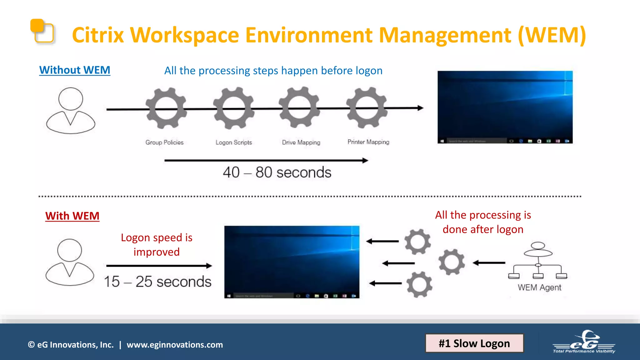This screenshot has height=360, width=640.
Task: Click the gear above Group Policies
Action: tap(166, 108)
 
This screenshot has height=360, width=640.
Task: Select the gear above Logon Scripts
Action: tap(234, 108)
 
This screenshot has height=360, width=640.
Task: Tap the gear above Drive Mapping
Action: tap(299, 107)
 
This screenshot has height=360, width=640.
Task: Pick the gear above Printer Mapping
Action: tap(367, 107)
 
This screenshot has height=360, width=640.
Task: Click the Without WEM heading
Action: tap(75, 70)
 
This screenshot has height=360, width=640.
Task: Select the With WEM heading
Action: tap(72, 216)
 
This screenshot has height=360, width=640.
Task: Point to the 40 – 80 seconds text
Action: tap(277, 172)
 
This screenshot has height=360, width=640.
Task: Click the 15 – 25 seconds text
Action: tap(157, 282)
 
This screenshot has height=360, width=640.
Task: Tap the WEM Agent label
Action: tap(539, 287)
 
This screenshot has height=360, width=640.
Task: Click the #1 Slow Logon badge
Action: tap(474, 343)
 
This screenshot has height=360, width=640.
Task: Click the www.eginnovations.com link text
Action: tap(175, 345)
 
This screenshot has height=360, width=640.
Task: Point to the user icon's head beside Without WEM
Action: tap(71, 99)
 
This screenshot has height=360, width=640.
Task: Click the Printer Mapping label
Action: tap(368, 142)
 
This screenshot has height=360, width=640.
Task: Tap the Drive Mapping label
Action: tap(301, 142)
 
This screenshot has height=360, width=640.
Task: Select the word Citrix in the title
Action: tap(98, 35)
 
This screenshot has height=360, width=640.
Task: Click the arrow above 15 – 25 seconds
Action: tap(159, 266)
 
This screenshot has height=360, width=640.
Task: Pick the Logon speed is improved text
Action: tap(157, 245)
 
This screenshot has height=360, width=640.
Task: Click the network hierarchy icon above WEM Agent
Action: tap(538, 260)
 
